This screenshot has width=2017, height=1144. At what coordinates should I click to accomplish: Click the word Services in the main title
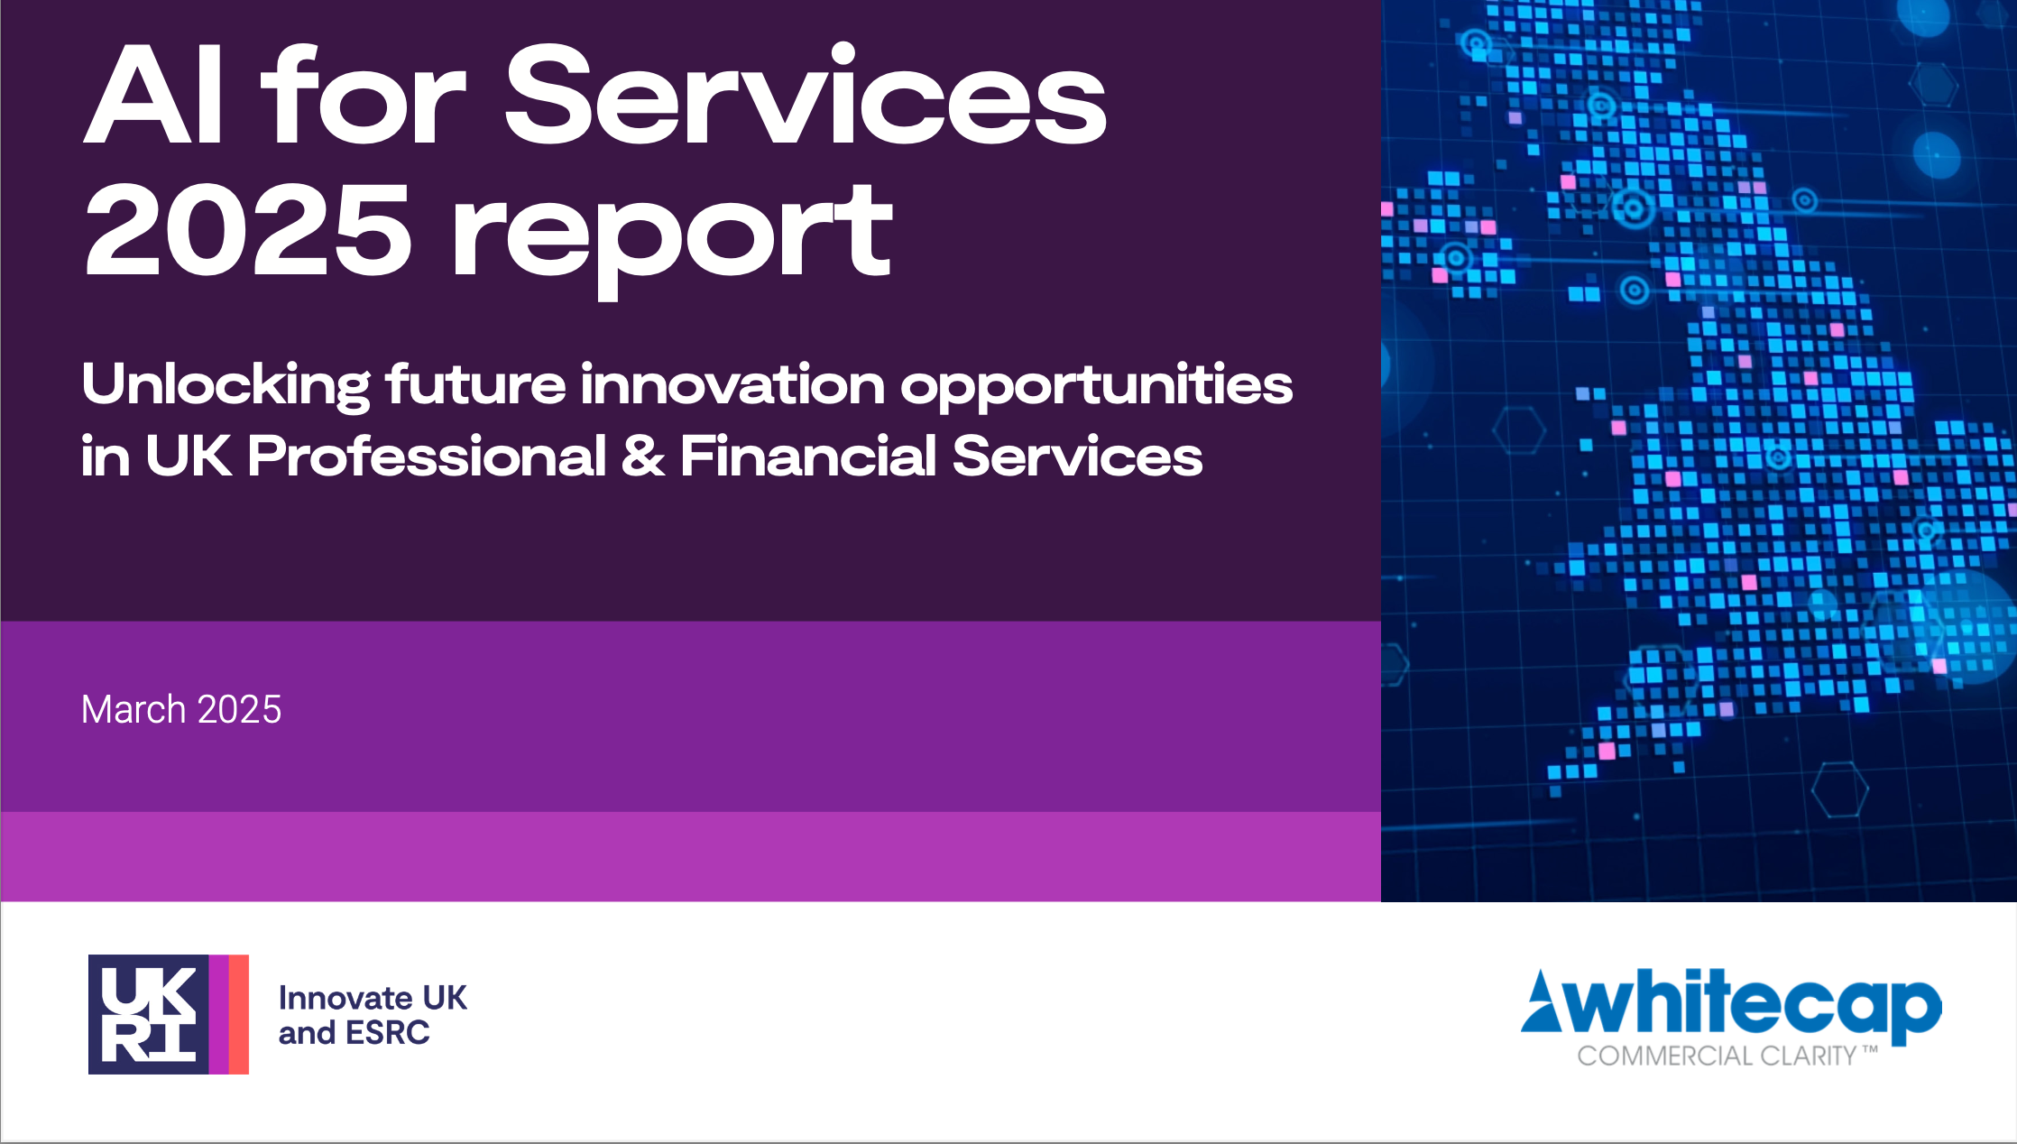[806, 94]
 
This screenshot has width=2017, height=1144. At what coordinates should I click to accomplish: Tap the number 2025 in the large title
[247, 229]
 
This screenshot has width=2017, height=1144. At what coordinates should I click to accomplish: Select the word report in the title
[672, 240]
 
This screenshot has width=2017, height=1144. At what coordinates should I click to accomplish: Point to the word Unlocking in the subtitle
[226, 386]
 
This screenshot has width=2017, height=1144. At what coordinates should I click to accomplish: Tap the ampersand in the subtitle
[643, 456]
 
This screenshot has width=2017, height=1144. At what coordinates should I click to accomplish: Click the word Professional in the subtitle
[427, 456]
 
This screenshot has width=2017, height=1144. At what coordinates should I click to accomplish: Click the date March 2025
[181, 710]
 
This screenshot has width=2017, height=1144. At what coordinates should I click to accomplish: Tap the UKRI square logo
[169, 1014]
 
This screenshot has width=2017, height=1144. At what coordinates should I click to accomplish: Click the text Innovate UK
[373, 998]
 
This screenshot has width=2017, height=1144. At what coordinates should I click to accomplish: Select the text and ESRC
[355, 1033]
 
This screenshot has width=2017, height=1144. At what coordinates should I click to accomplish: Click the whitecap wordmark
[1750, 1003]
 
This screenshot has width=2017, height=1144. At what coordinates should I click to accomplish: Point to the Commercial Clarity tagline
[1727, 1056]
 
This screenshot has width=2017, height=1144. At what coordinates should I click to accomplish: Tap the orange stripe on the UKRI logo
[238, 1014]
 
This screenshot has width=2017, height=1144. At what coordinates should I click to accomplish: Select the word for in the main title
[363, 94]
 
